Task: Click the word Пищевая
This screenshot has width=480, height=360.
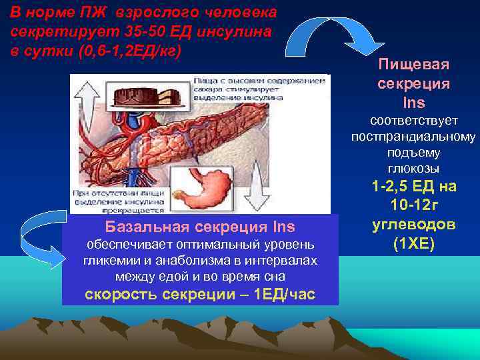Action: [x=413, y=65]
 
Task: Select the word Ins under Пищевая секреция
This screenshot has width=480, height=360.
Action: [x=413, y=103]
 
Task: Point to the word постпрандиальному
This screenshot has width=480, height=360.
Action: [x=413, y=137]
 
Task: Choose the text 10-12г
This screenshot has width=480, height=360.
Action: [x=413, y=205]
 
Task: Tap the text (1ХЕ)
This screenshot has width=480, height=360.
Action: [x=413, y=243]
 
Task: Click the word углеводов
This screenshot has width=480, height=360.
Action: [x=413, y=224]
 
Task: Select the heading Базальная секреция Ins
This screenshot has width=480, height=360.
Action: [x=200, y=225]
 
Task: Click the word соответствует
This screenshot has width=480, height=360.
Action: [x=413, y=121]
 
